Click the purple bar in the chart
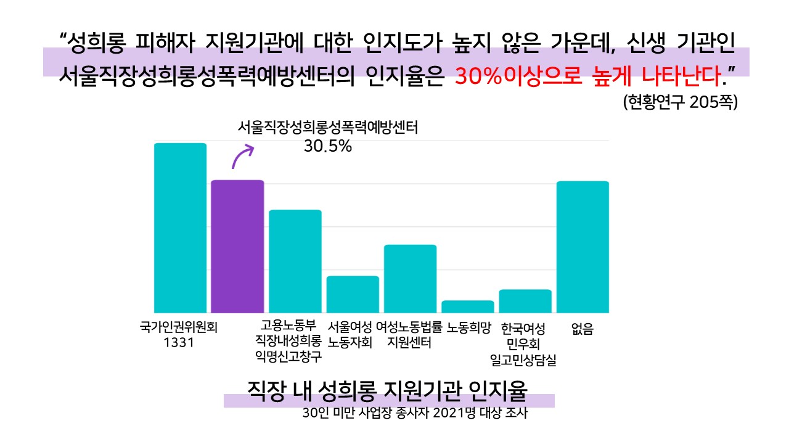pyautogui.click(x=237, y=247)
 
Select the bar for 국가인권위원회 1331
pyautogui.click(x=180, y=228)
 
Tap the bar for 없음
pyautogui.click(x=583, y=247)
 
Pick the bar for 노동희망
pyautogui.click(x=468, y=306)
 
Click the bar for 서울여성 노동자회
pyautogui.click(x=353, y=294)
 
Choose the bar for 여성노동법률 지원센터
pyautogui.click(x=410, y=279)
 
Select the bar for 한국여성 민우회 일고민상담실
pyautogui.click(x=525, y=301)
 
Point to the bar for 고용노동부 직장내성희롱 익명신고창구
pyautogui.click(x=295, y=261)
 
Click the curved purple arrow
pyautogui.click(x=242, y=155)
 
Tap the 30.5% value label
pyautogui.click(x=327, y=147)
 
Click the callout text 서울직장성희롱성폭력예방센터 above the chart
pyautogui.click(x=328, y=128)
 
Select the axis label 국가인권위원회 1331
pyautogui.click(x=179, y=334)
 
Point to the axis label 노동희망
pyautogui.click(x=469, y=326)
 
